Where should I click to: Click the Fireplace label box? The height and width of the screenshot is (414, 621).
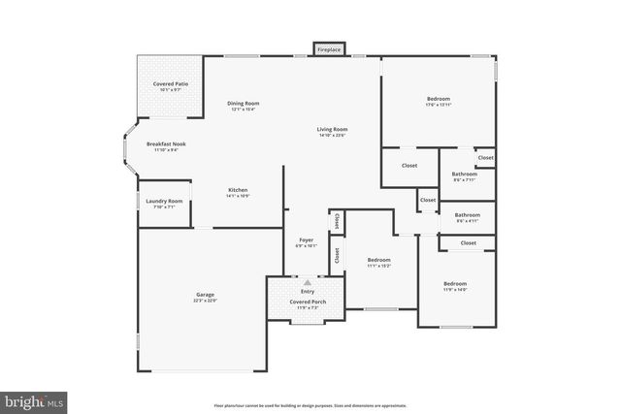tap(329, 48)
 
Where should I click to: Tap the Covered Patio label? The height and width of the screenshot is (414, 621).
tap(170, 84)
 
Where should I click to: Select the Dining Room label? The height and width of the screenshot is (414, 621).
tap(244, 103)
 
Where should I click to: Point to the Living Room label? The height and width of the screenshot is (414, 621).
tap(332, 129)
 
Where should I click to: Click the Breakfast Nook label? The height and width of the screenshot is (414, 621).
tap(166, 143)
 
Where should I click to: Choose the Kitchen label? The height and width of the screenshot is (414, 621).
tap(238, 189)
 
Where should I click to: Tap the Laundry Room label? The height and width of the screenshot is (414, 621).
tap(164, 201)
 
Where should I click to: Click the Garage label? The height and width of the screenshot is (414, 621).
tap(205, 295)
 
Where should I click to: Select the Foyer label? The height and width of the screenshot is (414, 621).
tap(305, 239)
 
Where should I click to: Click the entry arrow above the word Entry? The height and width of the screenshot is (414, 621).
tap(308, 282)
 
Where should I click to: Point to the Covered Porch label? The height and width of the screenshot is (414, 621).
tap(308, 302)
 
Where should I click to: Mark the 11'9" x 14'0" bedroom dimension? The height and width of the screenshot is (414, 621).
tap(455, 289)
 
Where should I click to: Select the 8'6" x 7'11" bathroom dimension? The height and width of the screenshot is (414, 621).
tap(464, 179)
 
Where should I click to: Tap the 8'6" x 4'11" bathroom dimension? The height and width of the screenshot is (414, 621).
tap(467, 220)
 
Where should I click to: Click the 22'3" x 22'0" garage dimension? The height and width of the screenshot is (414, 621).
tap(205, 301)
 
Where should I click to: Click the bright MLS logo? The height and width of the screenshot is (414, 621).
tap(34, 399)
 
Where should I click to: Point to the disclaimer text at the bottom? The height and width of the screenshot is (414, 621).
tap(310, 405)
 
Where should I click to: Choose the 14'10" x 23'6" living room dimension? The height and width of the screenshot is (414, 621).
tap(332, 135)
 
